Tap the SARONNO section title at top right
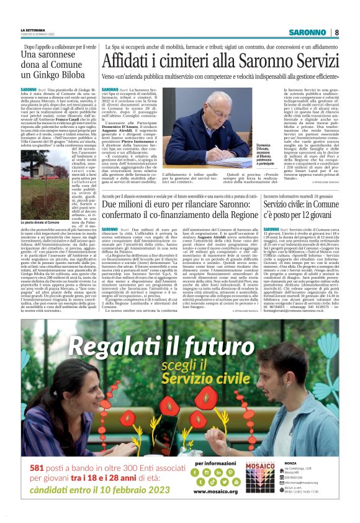click(x=308, y=32)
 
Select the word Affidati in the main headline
click(x=131, y=62)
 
